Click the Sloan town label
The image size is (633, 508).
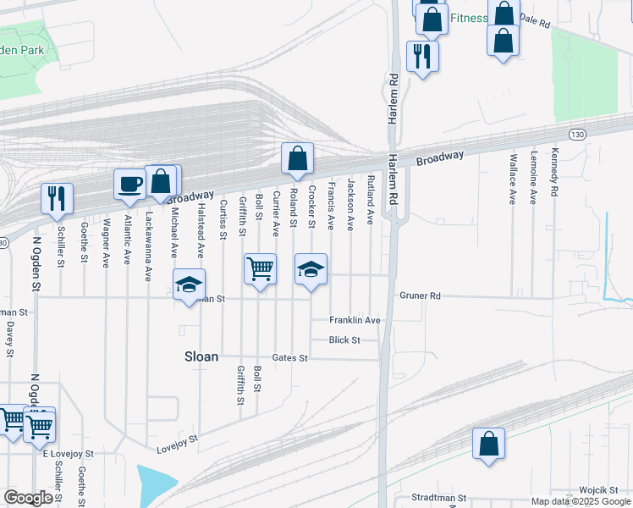click(x=201, y=357)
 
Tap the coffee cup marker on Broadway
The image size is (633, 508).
click(x=130, y=185)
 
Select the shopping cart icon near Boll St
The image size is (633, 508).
click(x=260, y=269)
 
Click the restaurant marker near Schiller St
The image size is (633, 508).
click(x=58, y=198)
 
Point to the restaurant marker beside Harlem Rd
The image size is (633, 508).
click(x=421, y=57)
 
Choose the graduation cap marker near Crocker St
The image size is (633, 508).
click(x=311, y=269)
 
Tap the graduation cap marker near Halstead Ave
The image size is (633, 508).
click(x=189, y=284)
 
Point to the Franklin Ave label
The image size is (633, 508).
click(x=355, y=320)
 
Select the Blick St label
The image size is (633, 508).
click(x=344, y=340)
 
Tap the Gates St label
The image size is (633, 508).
click(x=289, y=358)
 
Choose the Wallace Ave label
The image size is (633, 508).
click(x=513, y=179)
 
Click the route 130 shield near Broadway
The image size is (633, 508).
click(x=577, y=135)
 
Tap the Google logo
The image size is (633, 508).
click(x=28, y=498)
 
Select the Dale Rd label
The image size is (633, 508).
click(x=535, y=19)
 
